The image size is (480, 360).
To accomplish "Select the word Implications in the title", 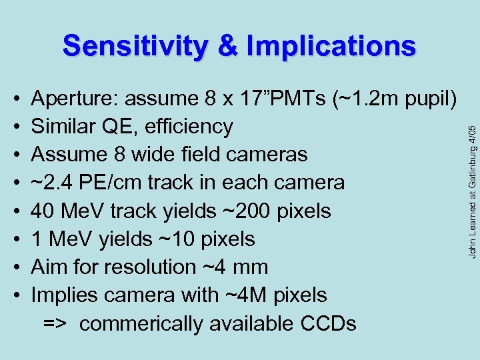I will pos(331,47).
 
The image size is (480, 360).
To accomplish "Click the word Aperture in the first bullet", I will pos(70,99).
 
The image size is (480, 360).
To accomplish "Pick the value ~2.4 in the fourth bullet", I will pos(53,183).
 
